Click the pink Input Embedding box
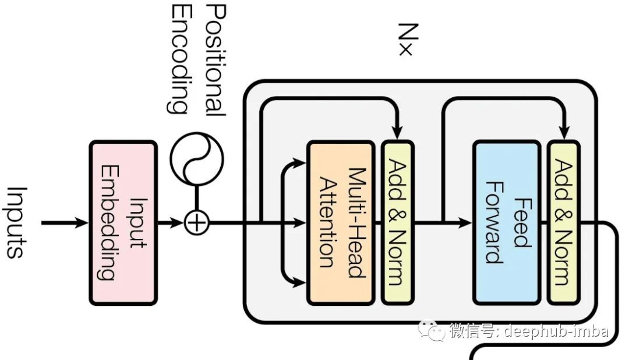[x=122, y=222]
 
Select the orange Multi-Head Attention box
[x=341, y=222]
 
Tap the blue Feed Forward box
[x=506, y=222]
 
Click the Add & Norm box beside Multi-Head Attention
[x=398, y=222]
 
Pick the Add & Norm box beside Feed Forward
[x=563, y=222]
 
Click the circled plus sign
[x=197, y=223]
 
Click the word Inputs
[x=16, y=222]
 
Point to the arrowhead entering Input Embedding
[x=82, y=222]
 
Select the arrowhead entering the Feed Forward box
[x=465, y=222]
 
